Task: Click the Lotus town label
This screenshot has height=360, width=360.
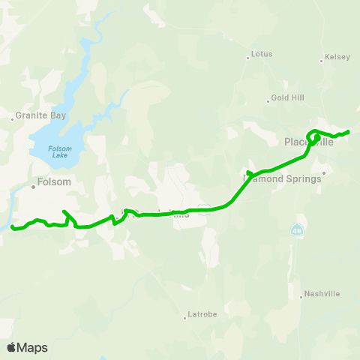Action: [x=262, y=55]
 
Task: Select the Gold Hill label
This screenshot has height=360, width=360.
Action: [x=285, y=98]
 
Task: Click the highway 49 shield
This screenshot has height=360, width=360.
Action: [x=298, y=227]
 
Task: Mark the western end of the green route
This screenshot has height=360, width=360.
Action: [x=12, y=227]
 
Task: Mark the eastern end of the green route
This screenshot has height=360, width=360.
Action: [x=349, y=132]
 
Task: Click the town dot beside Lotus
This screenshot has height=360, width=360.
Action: [x=248, y=55]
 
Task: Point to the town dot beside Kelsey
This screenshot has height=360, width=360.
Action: [x=321, y=61]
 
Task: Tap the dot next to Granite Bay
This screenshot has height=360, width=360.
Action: [x=12, y=118]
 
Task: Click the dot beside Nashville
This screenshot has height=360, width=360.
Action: [x=301, y=297]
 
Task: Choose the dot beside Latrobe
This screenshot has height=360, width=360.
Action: [x=184, y=317]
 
